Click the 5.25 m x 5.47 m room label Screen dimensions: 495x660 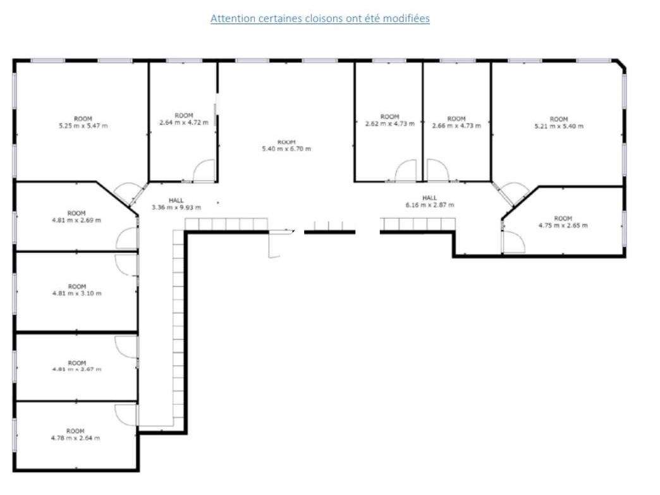[83, 123]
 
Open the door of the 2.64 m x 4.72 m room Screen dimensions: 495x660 [204, 171]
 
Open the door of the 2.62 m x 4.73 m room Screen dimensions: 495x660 [406, 171]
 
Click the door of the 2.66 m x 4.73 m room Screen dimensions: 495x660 [437, 171]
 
